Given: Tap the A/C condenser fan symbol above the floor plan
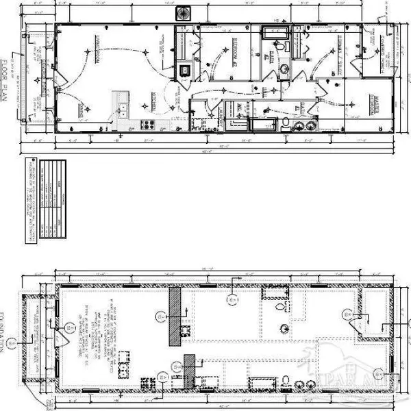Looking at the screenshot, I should [184, 14].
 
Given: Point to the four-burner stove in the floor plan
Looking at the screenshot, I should [146, 125].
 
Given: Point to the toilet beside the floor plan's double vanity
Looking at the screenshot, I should [284, 123].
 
